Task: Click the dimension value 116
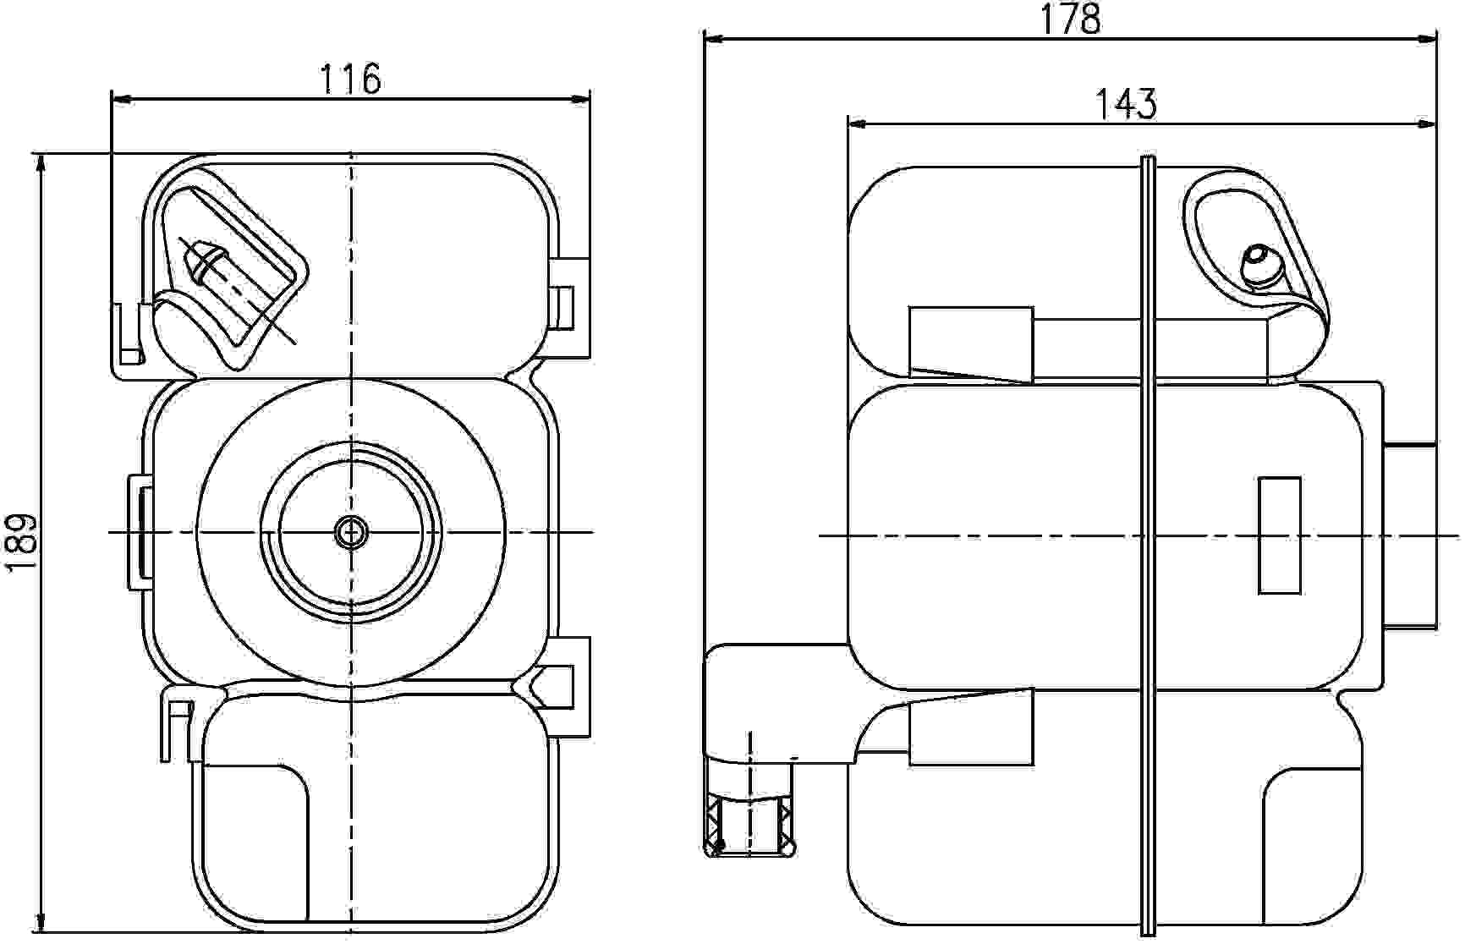(350, 80)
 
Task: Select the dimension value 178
(1070, 19)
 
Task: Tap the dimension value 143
(1125, 105)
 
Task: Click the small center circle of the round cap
(349, 532)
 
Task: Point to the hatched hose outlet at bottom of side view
(750, 826)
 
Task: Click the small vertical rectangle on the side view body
(1279, 535)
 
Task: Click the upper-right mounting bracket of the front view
(572, 305)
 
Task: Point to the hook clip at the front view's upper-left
(128, 335)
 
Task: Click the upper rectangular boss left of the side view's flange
(971, 343)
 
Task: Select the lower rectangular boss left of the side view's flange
(971, 728)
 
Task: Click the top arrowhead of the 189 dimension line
(40, 163)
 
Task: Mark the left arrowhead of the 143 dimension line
(857, 125)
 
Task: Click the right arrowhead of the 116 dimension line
(581, 100)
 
